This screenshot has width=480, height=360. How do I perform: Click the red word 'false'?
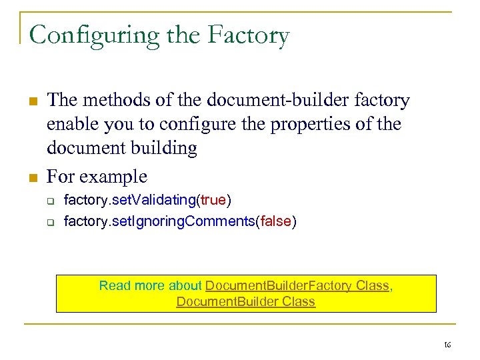coord(275,221)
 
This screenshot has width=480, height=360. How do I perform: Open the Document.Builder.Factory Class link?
coord(297,285)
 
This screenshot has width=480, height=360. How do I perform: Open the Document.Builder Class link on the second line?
coord(245,301)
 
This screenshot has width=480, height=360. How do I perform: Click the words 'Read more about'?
coord(150,285)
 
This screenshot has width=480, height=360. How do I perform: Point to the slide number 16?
coord(447,345)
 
